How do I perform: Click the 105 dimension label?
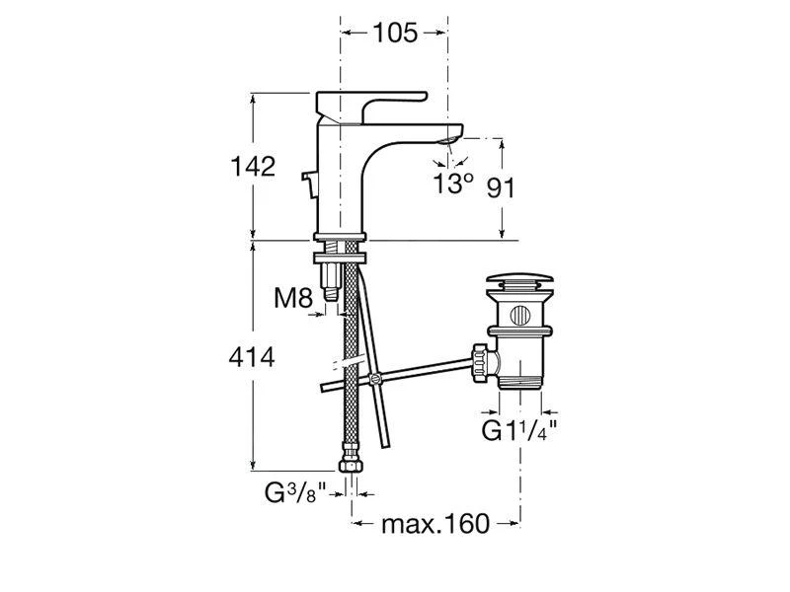pyautogui.click(x=395, y=34)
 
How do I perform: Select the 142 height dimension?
pyautogui.click(x=253, y=166)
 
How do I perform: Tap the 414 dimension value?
pyautogui.click(x=252, y=357)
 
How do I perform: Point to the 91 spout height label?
pyautogui.click(x=501, y=187)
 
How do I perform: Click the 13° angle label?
pyautogui.click(x=453, y=183)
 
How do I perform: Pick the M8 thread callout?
pyautogui.click(x=293, y=298)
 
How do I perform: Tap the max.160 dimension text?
pyautogui.click(x=435, y=524)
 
